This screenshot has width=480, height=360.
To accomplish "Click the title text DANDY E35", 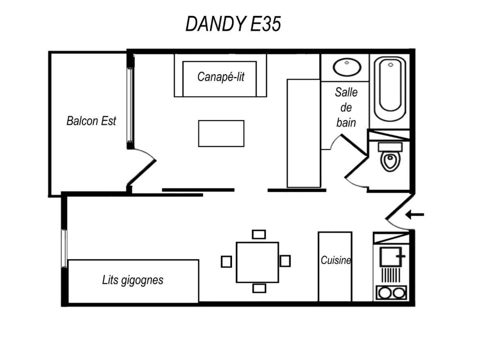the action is (x=233, y=23).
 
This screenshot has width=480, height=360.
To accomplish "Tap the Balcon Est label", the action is (x=91, y=121).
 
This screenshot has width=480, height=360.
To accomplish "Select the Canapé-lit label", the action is (x=221, y=77).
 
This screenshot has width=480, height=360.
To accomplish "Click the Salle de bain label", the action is (x=346, y=107).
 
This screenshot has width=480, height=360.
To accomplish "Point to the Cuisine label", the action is (x=336, y=260).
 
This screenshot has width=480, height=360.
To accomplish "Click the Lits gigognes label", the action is (x=133, y=280).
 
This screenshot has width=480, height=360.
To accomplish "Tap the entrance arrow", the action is (x=415, y=215).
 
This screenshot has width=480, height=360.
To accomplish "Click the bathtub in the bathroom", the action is (x=390, y=89).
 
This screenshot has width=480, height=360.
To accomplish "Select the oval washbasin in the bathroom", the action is (x=347, y=67).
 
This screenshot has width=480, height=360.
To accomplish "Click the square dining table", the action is (x=257, y=262).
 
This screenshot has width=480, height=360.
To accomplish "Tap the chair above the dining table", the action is (x=259, y=234).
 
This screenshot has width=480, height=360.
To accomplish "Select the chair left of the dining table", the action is (x=226, y=262).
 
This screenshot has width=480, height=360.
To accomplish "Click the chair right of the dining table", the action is (x=285, y=261).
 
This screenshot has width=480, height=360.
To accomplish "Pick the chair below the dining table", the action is (x=259, y=288).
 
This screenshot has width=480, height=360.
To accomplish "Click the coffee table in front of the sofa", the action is (x=221, y=134).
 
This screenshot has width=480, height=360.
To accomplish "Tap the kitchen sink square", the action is (x=390, y=256).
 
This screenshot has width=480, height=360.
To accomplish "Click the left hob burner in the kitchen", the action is (x=384, y=293).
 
